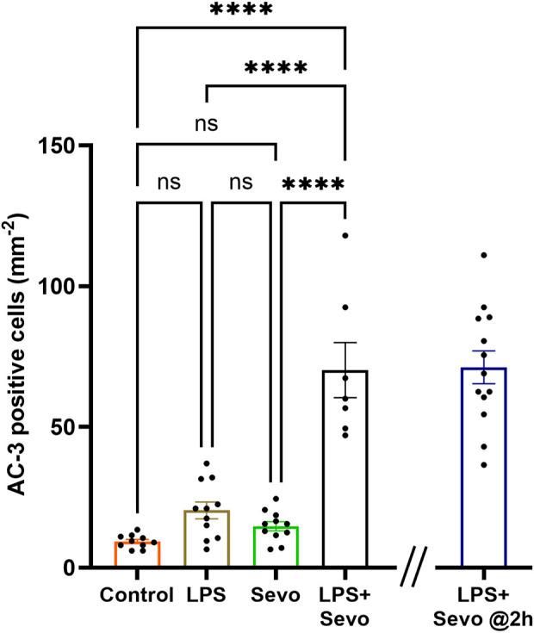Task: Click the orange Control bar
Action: [x=137, y=555]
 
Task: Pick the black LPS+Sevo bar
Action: [x=345, y=482]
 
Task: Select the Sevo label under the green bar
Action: [x=276, y=595]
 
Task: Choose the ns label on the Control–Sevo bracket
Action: [x=205, y=123]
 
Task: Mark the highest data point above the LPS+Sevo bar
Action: [x=345, y=234]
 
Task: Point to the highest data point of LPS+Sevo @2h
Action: [x=483, y=255]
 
